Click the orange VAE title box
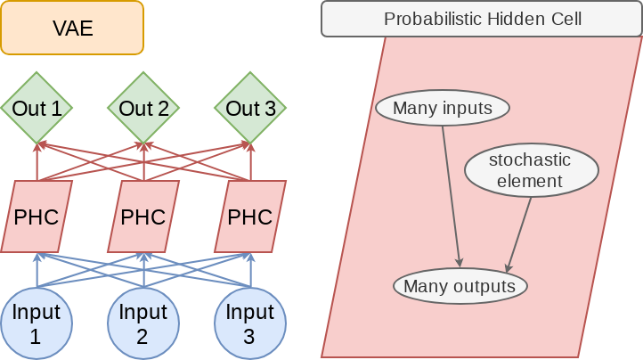click(71, 29)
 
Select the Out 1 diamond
click(37, 109)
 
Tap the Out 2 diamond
click(143, 109)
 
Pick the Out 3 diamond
click(250, 109)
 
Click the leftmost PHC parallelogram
click(37, 217)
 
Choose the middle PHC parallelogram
click(143, 217)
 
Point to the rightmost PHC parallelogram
click(250, 217)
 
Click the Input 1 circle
click(37, 323)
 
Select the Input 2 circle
click(143, 323)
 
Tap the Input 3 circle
click(250, 323)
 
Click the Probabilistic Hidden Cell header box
click(482, 19)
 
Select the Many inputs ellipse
click(443, 109)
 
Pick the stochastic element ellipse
click(531, 170)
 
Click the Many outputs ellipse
click(460, 286)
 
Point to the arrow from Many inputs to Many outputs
click(451, 196)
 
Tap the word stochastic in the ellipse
click(530, 160)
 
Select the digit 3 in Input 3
click(250, 337)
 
